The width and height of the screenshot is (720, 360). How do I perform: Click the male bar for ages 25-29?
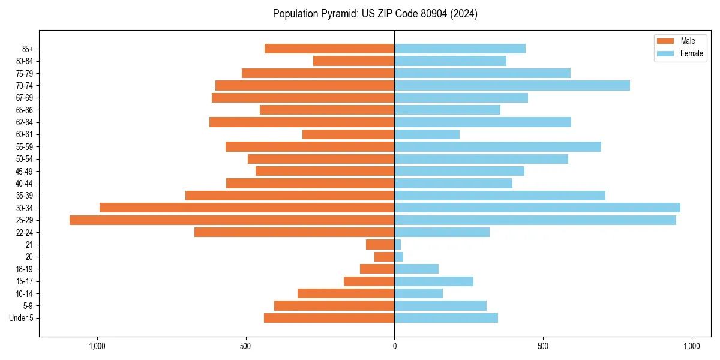tap(232, 220)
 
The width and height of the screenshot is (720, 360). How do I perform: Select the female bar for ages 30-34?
tap(537, 208)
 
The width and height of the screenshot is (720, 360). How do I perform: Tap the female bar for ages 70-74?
tap(512, 85)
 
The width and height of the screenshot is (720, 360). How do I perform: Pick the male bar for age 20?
tap(385, 257)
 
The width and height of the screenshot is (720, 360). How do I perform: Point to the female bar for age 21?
tap(398, 245)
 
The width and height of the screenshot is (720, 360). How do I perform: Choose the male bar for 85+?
tap(329, 49)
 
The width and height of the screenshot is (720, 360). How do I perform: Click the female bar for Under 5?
tap(446, 318)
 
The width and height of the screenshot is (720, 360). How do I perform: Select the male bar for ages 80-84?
tap(353, 61)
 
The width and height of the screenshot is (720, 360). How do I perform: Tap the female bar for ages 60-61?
tap(427, 134)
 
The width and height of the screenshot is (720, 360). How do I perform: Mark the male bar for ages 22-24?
tap(294, 232)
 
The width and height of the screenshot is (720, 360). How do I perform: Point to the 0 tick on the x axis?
tap(394, 346)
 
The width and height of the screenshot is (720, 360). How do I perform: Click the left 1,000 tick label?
tap(97, 346)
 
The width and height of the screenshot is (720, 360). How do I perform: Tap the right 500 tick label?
tap(543, 346)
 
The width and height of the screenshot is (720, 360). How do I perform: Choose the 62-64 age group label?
tap(25, 122)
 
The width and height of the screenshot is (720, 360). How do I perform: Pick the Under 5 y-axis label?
tap(21, 318)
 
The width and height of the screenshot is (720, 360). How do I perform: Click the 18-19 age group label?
tap(25, 269)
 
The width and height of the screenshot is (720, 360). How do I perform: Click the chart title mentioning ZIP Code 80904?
tap(375, 14)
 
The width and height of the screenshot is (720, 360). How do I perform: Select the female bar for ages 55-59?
tap(497, 146)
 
